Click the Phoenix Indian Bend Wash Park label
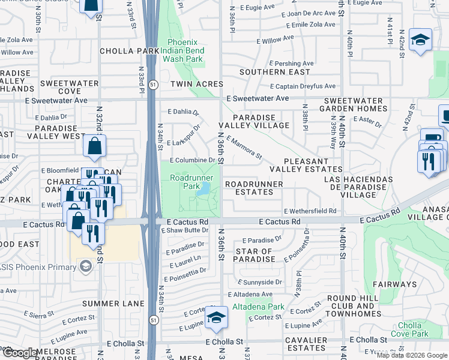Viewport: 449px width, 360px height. pos(185,51)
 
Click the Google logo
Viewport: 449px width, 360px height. pos(20,353)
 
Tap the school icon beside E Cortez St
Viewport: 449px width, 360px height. pos(216,319)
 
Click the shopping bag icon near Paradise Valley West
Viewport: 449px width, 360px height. pos(95,146)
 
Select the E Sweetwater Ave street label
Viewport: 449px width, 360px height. pos(258,98)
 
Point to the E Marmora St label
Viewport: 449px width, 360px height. pos(244,148)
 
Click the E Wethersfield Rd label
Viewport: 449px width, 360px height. pos(310,211)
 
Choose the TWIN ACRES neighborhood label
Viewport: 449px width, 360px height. pos(196,84)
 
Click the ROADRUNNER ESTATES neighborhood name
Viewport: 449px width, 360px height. pos(249,188)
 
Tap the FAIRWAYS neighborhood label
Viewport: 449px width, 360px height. pos(397,284)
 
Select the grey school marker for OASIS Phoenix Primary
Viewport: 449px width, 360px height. pos(86,266)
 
